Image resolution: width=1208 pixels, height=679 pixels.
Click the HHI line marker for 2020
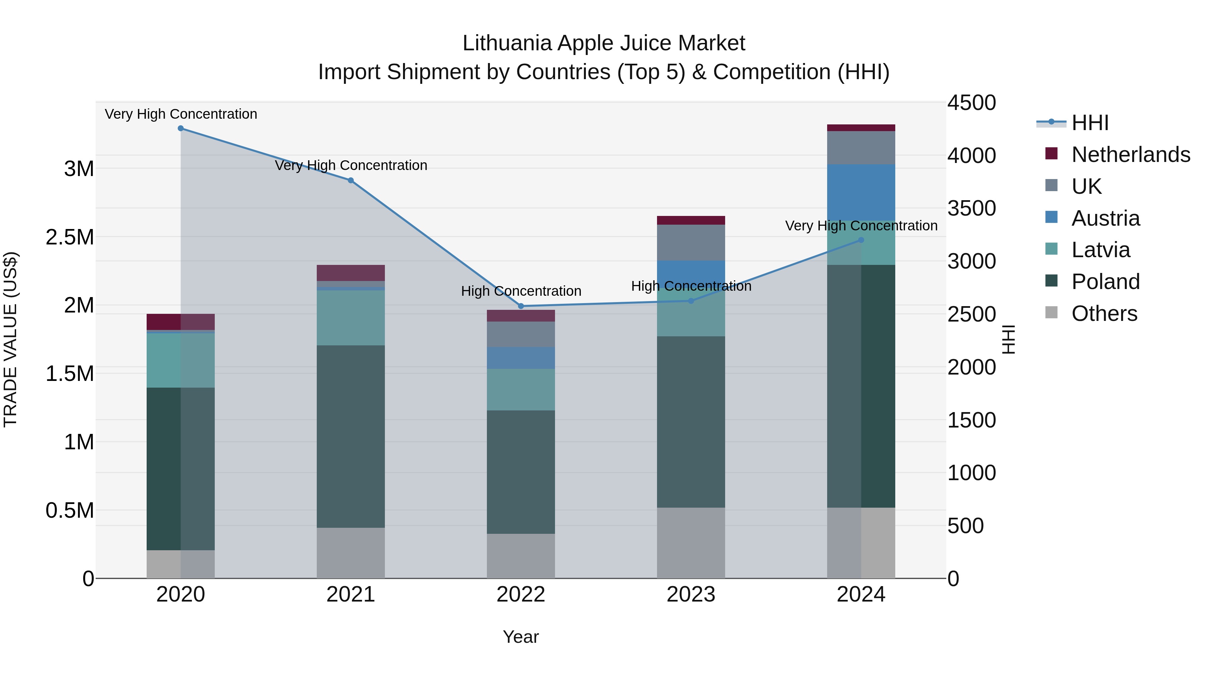click(181, 128)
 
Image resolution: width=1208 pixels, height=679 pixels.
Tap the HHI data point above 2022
click(520, 306)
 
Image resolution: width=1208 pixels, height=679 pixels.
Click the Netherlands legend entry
click(1130, 155)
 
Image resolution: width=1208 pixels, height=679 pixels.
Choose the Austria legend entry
click(1105, 218)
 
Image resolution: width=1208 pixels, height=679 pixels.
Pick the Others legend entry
click(1104, 314)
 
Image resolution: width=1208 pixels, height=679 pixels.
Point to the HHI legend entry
click(1090, 123)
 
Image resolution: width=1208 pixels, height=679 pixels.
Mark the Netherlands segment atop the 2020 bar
click(181, 322)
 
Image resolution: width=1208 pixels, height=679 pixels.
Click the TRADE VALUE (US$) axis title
click(10, 340)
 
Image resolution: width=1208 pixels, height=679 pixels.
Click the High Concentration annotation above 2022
click(520, 291)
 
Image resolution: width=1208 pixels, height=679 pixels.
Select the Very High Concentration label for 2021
click(350, 165)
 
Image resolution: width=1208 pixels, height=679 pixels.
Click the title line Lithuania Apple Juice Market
click(604, 44)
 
